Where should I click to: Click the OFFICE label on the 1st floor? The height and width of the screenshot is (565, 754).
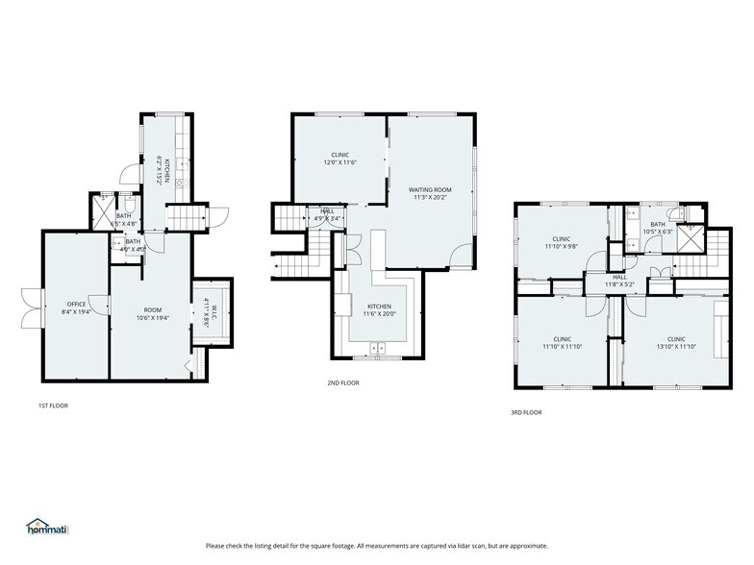(76, 303)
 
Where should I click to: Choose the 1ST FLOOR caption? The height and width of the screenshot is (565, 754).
(53, 405)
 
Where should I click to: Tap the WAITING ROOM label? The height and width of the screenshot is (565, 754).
(430, 190)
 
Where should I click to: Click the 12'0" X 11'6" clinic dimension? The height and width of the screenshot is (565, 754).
(339, 162)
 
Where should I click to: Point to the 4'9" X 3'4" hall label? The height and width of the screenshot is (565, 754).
(327, 218)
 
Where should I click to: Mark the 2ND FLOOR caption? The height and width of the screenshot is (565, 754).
(342, 382)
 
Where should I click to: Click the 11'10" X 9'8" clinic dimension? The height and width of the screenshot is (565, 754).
(562, 246)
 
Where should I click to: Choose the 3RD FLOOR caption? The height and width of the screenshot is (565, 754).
(526, 412)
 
